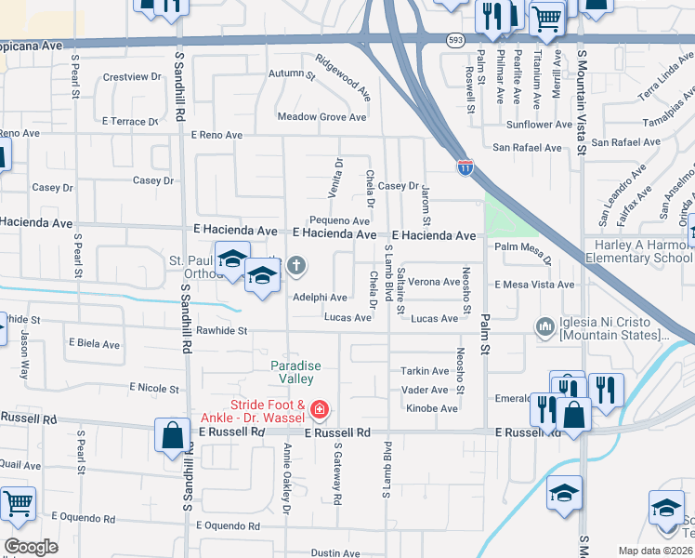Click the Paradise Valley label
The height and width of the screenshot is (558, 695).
coord(296,372)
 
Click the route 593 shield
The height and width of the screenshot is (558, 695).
coord(455,41)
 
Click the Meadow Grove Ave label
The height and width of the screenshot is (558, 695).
coord(322,117)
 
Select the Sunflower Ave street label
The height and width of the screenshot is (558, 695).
coord(539,124)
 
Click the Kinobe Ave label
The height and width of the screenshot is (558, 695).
coord(432,408)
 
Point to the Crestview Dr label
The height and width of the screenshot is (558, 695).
coord(126,77)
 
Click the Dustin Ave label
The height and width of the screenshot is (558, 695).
coord(334,552)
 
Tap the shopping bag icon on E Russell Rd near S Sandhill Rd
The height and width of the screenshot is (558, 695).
coord(173,436)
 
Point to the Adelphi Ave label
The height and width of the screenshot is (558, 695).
coord(320,298)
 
